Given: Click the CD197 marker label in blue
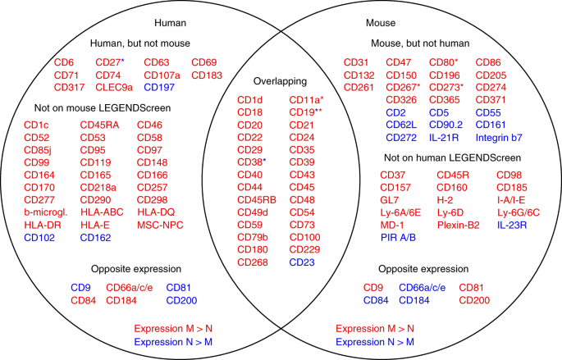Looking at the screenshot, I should [160, 88].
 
